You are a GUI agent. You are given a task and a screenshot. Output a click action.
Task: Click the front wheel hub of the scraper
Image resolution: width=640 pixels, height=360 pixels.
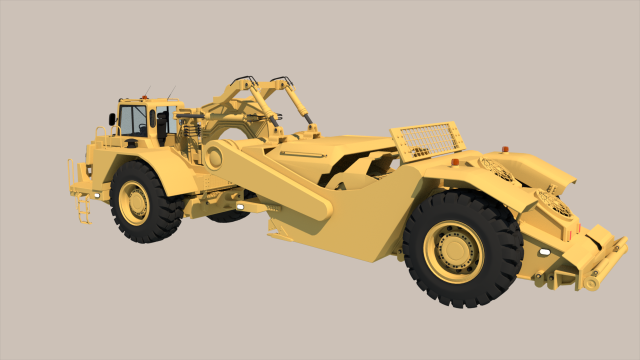coord(134,202)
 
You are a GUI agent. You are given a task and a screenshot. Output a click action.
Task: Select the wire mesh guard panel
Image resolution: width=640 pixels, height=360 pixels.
coord(428,141)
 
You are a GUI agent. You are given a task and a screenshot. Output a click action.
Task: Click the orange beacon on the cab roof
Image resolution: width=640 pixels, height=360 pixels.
coord(144,97)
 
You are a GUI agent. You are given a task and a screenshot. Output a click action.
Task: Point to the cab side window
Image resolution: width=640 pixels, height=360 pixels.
coord(133,121)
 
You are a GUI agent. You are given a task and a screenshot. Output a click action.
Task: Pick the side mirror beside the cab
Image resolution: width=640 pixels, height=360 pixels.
coord(112,119)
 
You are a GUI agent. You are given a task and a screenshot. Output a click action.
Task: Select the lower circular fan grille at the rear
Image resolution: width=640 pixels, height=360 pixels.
coord(554,204)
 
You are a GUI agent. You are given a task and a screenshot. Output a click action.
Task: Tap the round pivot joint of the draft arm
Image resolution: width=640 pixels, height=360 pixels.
coord(212,155)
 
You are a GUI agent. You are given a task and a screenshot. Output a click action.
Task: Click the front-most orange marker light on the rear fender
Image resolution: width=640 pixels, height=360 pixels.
coord(455,162)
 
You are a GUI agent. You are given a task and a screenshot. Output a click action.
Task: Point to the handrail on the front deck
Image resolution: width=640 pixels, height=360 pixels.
coord(72,171)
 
